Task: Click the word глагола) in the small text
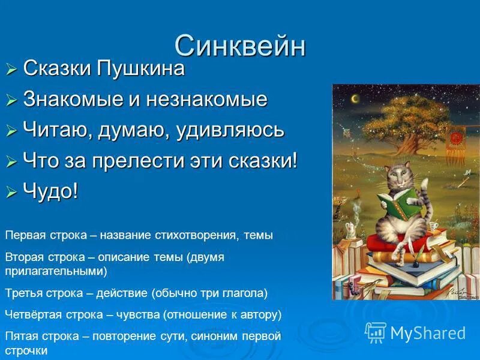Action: click(x=248, y=293)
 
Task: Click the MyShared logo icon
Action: click(x=376, y=332)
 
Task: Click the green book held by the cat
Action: click(x=393, y=204)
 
